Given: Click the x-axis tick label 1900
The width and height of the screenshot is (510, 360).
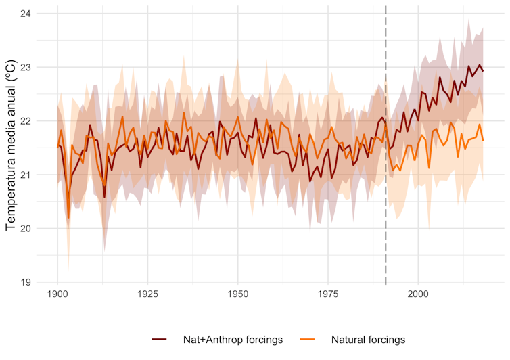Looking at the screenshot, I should pyautogui.click(x=57, y=296).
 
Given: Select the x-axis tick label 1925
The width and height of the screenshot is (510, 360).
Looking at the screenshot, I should pyautogui.click(x=147, y=296).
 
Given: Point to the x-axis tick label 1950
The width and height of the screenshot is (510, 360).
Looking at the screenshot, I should pyautogui.click(x=237, y=296).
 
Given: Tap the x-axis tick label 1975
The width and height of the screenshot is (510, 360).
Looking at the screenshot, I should pyautogui.click(x=327, y=296).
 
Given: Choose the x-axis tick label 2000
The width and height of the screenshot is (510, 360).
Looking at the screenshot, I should pyautogui.click(x=417, y=296).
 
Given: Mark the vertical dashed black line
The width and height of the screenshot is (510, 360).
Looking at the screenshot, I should pyautogui.click(x=386, y=203).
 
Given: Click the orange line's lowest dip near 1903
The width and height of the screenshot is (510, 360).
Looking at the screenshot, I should pyautogui.click(x=68, y=217).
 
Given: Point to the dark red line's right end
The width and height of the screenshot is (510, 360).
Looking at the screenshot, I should pyautogui.click(x=483, y=71).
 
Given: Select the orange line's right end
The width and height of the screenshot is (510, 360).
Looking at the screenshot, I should pyautogui.click(x=483, y=140).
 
